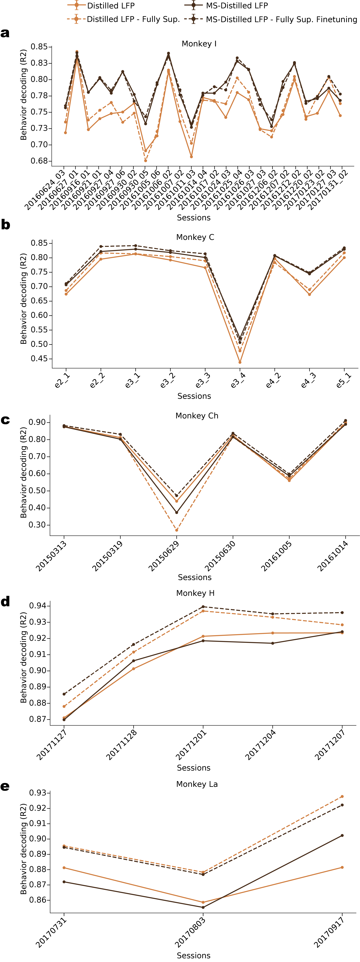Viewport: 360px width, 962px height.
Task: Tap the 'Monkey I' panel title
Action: point(199,44)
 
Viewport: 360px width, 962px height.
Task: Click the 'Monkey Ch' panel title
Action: point(197,416)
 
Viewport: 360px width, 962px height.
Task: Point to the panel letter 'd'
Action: point(5,602)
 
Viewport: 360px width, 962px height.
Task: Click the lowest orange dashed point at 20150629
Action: point(177,530)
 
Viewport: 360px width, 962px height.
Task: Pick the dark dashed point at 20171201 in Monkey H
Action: point(203,607)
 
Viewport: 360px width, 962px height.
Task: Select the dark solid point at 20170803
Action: point(203,907)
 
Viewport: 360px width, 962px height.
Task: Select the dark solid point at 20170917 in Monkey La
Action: point(342,835)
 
